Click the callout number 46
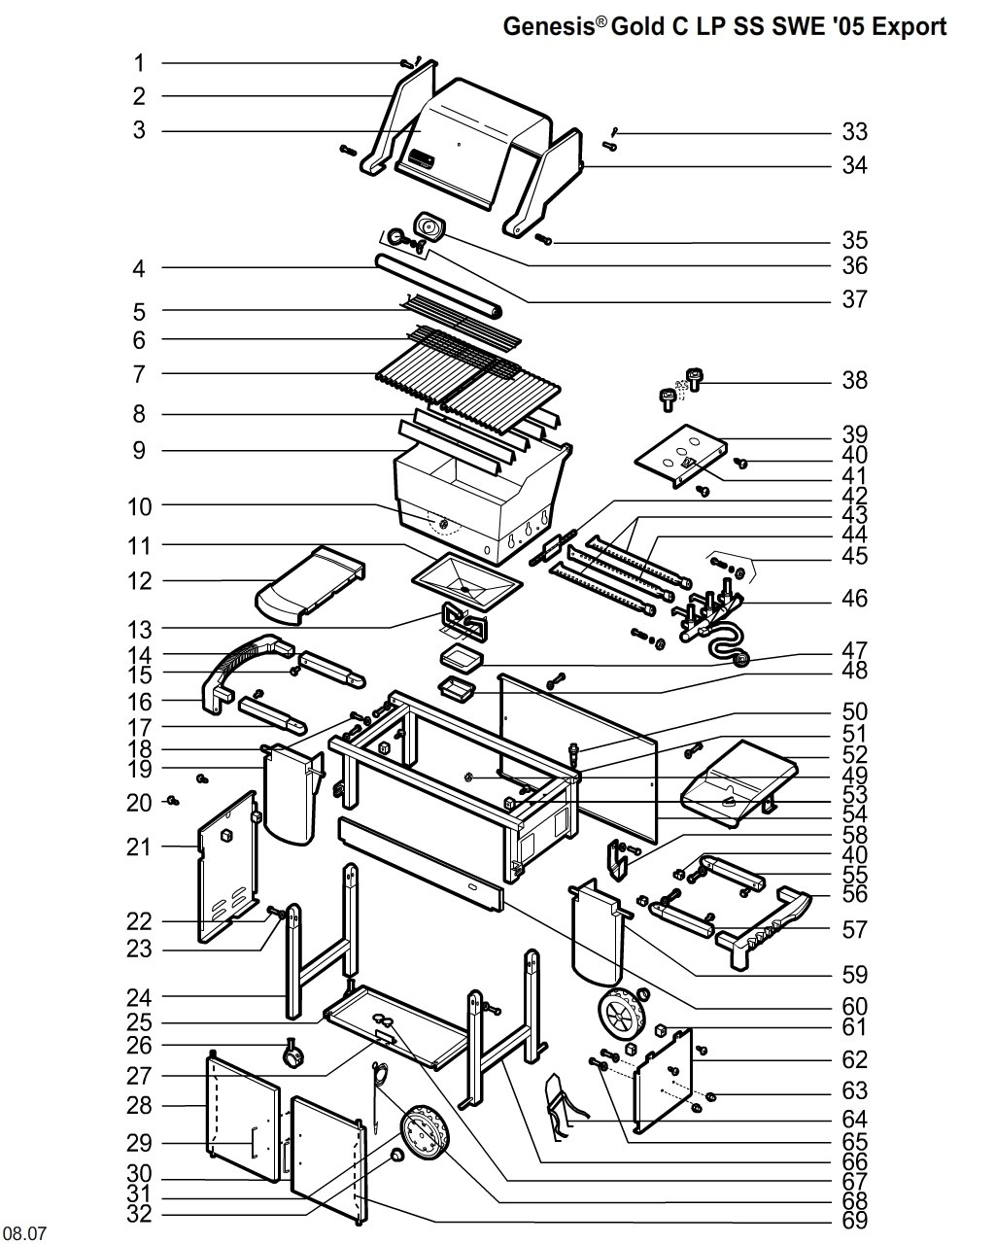tap(854, 598)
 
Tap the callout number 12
tap(139, 581)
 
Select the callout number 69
tap(854, 1220)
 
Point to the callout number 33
tap(854, 132)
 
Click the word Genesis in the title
tap(549, 26)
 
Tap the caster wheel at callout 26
tap(292, 1053)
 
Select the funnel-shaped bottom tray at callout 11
tap(467, 581)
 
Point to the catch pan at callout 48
tap(457, 690)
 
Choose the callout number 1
tap(139, 63)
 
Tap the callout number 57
tap(854, 929)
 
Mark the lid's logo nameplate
tap(422, 157)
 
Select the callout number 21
tap(139, 847)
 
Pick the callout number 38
tap(854, 380)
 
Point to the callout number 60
tap(854, 1007)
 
